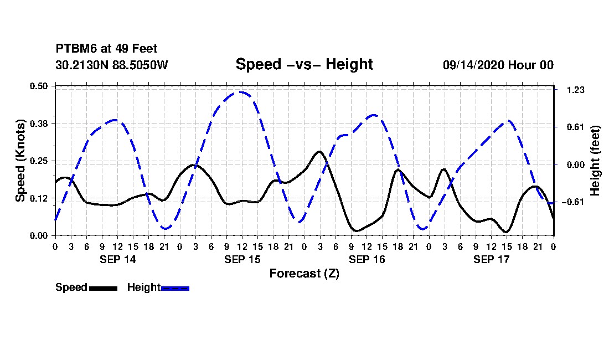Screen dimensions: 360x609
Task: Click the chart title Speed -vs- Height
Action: click(x=304, y=64)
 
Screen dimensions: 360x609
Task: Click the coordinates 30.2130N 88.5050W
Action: click(x=112, y=65)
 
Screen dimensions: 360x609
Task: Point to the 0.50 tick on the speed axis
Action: click(x=40, y=86)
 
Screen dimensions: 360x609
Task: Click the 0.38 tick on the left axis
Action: click(x=40, y=123)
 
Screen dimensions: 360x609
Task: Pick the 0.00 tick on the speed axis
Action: click(x=40, y=235)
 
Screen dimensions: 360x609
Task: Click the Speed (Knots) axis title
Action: click(x=20, y=161)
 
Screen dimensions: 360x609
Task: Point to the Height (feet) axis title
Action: click(x=595, y=161)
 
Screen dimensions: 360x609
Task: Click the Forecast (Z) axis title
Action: click(x=304, y=274)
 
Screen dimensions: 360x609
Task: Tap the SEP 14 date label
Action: click(x=117, y=259)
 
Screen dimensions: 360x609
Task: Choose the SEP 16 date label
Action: click(x=367, y=259)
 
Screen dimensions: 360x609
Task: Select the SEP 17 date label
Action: click(x=491, y=259)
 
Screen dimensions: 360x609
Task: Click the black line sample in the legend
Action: click(x=103, y=288)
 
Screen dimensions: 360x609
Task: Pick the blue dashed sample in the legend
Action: click(x=175, y=288)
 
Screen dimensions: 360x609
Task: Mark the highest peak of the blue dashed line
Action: click(x=240, y=92)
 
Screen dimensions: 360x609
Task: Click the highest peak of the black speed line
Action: click(x=319, y=151)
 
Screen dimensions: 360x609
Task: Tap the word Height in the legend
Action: click(x=143, y=287)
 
